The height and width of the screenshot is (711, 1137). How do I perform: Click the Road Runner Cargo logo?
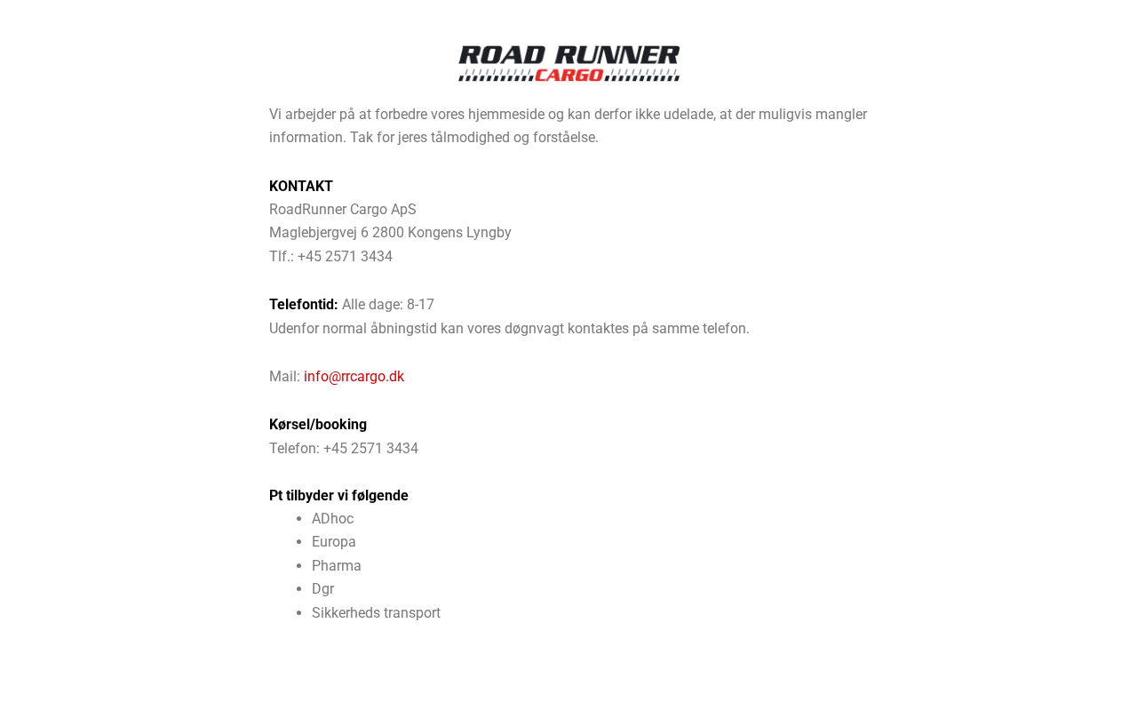[568, 63]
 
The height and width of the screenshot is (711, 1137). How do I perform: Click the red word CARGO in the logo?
[569, 76]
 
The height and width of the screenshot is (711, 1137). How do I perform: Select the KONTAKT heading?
[301, 187]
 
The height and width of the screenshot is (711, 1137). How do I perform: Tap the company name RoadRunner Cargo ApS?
[343, 210]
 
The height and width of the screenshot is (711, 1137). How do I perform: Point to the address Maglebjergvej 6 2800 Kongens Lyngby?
[390, 233]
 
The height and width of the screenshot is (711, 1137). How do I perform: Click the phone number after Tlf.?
[345, 257]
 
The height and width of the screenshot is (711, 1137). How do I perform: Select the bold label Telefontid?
[304, 305]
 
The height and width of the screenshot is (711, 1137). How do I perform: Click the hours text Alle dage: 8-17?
[388, 305]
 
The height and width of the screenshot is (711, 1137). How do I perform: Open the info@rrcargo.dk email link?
[354, 377]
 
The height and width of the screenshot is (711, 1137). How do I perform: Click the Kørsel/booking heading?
[318, 425]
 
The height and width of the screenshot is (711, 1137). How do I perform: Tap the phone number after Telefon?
[370, 449]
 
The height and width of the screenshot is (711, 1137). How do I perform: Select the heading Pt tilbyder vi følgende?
[338, 496]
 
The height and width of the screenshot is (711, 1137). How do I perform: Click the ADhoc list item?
[332, 519]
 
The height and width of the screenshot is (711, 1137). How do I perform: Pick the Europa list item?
[334, 542]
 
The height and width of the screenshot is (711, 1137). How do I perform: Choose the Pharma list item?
[337, 566]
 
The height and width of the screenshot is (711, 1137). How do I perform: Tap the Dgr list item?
[323, 589]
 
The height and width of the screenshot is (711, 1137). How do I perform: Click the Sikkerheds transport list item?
[376, 613]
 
